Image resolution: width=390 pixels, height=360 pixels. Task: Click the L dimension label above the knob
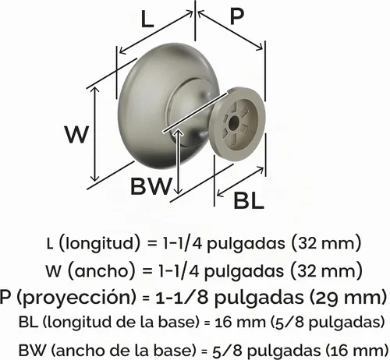click(147, 19)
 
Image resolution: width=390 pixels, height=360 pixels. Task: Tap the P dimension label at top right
click(236, 16)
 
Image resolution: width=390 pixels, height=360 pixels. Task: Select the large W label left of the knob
click(77, 135)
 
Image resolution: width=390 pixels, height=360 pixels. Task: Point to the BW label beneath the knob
click(151, 186)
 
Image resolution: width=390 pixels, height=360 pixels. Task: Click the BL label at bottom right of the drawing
click(249, 201)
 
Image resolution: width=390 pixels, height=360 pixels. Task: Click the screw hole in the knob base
click(233, 123)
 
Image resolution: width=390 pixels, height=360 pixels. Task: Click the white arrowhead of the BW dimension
click(178, 133)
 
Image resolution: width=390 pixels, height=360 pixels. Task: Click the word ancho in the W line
click(101, 271)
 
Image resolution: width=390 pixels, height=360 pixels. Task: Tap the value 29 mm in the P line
click(349, 297)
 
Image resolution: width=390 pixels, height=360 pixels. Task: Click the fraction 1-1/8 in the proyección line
click(182, 298)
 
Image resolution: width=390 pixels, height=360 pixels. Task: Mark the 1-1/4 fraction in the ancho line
click(179, 270)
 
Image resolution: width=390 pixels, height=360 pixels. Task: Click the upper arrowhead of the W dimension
click(96, 90)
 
